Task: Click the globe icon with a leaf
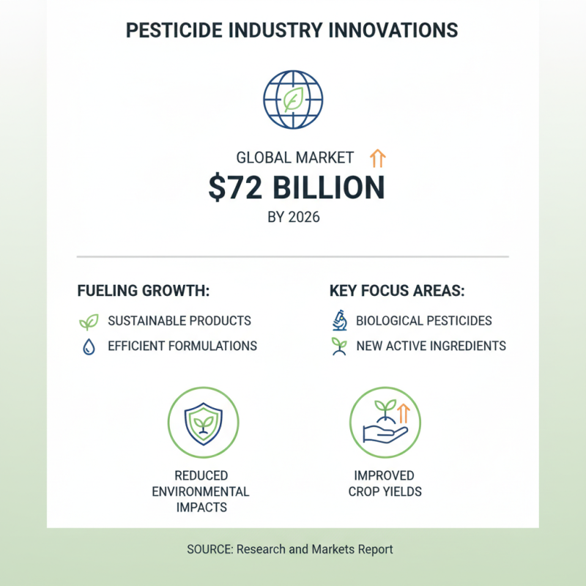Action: (293, 100)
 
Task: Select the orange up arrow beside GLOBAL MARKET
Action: (378, 157)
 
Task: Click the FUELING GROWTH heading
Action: (144, 290)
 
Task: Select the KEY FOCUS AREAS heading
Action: (397, 290)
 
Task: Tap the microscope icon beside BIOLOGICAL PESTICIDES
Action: (338, 321)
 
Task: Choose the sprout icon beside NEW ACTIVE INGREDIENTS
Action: (338, 346)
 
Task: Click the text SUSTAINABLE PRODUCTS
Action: (179, 321)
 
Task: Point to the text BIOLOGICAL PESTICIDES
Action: (424, 321)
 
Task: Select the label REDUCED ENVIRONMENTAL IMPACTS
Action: (201, 492)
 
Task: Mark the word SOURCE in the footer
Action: (209, 549)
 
